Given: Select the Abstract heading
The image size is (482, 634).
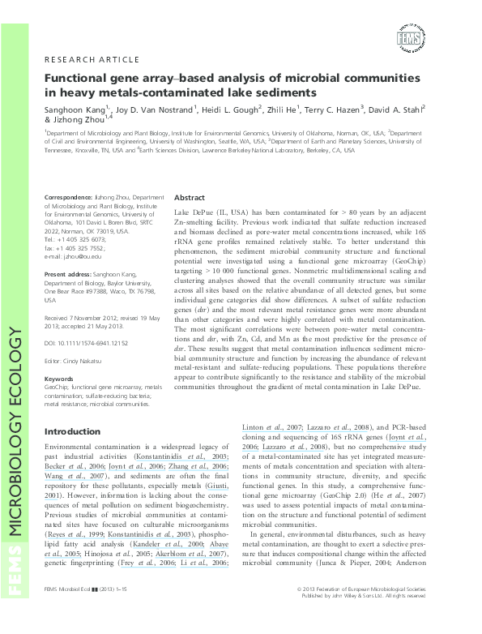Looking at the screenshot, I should pos(190,198).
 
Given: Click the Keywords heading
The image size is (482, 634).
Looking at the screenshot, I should pos(59,379).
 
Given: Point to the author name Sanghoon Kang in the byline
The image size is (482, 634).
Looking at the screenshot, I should pos(78,108).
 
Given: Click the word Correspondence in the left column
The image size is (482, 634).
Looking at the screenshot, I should pos(70,197).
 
